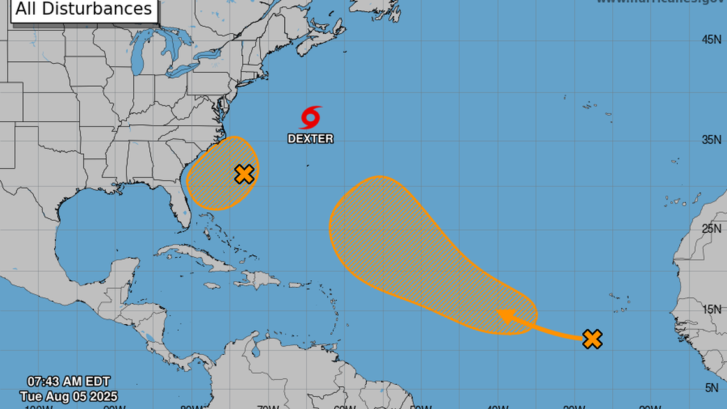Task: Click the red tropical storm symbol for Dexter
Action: click(x=311, y=117)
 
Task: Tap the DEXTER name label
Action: click(x=311, y=138)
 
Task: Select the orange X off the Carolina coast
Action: click(x=244, y=174)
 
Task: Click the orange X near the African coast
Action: click(x=592, y=339)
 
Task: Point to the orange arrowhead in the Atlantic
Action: click(x=505, y=316)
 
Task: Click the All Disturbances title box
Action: click(x=84, y=10)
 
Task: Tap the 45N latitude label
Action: click(x=711, y=40)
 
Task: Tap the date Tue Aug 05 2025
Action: click(x=68, y=396)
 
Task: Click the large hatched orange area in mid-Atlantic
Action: click(x=408, y=249)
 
